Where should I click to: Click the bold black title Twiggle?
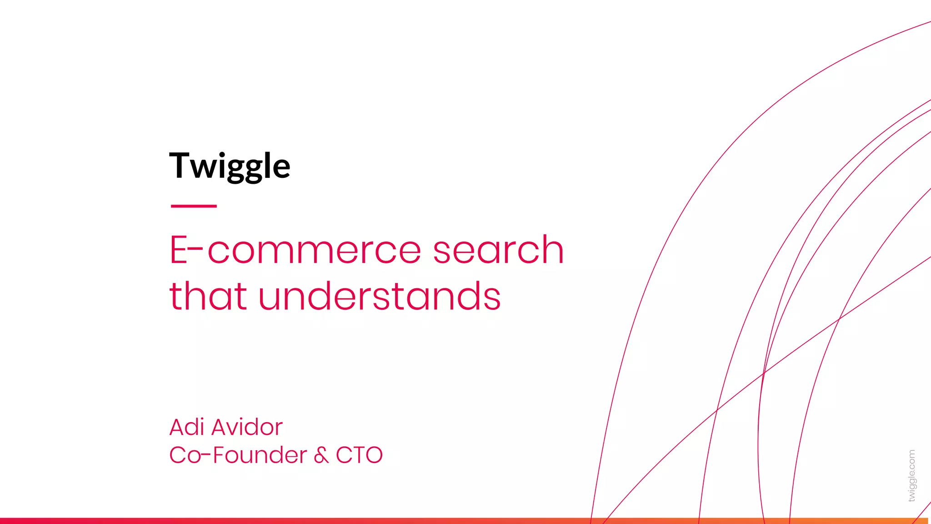click(x=230, y=166)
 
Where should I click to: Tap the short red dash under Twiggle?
click(x=194, y=206)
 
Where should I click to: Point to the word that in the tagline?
click(x=208, y=296)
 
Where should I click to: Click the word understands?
click(x=380, y=296)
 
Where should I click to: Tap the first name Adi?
click(x=187, y=427)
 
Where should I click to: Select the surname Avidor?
click(x=247, y=427)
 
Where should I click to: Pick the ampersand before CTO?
click(x=321, y=455)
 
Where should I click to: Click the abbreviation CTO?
click(x=359, y=455)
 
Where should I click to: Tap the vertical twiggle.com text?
click(x=911, y=476)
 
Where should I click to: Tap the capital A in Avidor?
click(x=222, y=427)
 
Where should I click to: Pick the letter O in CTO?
click(x=373, y=455)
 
